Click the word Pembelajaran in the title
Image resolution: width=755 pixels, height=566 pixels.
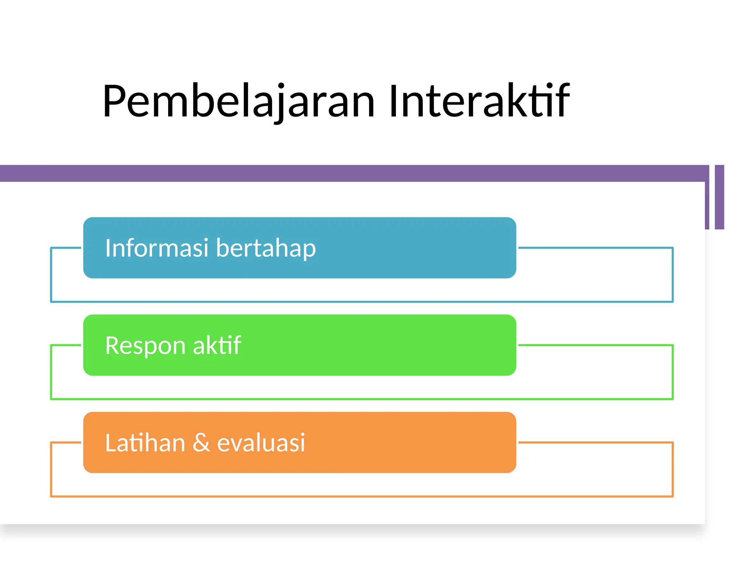(x=238, y=101)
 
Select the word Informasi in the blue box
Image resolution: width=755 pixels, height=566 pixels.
(x=157, y=248)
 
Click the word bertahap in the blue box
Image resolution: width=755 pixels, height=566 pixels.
(x=266, y=248)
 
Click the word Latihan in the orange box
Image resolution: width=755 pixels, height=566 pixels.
(x=145, y=443)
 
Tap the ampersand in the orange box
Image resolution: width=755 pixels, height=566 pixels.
(x=201, y=443)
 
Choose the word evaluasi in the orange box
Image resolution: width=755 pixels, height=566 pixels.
(x=261, y=443)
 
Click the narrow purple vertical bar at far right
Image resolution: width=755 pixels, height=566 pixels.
(x=719, y=197)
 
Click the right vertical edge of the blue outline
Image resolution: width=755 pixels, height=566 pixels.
(x=673, y=275)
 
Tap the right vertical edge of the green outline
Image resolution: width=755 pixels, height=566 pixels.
(x=673, y=372)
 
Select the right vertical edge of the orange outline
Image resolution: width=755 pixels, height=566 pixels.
(x=673, y=469)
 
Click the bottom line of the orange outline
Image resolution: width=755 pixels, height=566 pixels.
(x=361, y=496)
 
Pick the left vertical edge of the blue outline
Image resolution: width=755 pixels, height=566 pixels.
(x=51, y=275)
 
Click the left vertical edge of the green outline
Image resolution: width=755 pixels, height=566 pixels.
(x=51, y=372)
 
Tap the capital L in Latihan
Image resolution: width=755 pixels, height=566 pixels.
(x=110, y=443)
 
